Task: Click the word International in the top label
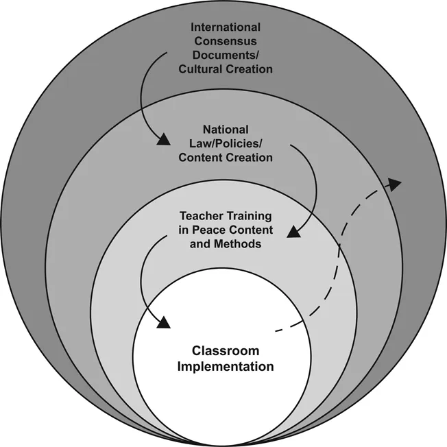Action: click(x=226, y=27)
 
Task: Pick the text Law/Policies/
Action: click(x=226, y=143)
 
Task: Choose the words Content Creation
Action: click(x=226, y=157)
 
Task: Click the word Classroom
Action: click(x=226, y=351)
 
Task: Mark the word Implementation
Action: click(x=226, y=366)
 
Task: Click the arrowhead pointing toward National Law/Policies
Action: click(x=163, y=141)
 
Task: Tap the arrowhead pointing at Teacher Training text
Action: click(x=293, y=232)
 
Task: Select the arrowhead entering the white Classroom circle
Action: click(x=163, y=322)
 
